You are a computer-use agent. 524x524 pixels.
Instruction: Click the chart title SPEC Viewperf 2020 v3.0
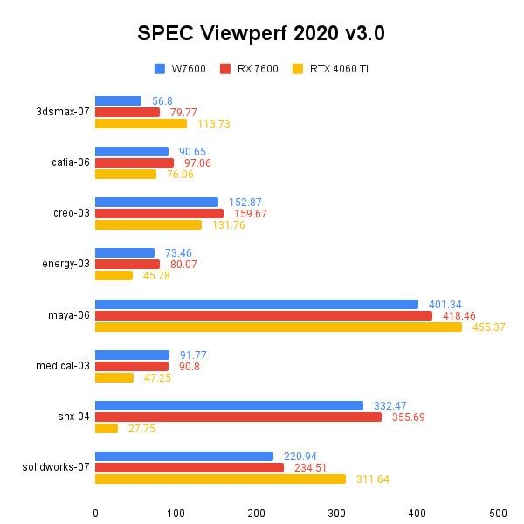click(x=261, y=33)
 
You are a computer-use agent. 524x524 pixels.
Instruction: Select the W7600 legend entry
click(x=181, y=69)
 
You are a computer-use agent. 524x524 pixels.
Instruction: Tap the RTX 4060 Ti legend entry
click(x=330, y=69)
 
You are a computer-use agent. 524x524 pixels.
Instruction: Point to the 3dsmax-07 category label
click(x=63, y=112)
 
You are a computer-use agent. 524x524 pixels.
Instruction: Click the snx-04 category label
click(x=72, y=417)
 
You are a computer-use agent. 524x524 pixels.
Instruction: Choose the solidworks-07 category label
click(x=57, y=467)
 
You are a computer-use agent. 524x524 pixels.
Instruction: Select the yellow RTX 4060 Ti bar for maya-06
click(x=278, y=327)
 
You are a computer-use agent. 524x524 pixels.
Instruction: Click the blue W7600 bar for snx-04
click(x=229, y=405)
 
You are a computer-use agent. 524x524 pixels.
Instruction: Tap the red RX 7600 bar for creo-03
click(x=159, y=213)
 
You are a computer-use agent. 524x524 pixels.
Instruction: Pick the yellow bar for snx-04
click(x=106, y=428)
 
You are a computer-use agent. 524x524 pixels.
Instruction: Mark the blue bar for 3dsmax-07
click(x=118, y=100)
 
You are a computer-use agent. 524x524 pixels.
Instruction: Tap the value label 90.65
click(x=192, y=151)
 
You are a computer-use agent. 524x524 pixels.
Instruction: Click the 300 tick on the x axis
click(x=337, y=513)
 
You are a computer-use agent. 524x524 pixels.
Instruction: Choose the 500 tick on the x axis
click(x=498, y=513)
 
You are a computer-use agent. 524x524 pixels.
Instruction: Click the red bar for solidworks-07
click(x=190, y=467)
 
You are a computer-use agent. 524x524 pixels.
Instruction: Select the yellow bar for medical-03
click(x=114, y=377)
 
